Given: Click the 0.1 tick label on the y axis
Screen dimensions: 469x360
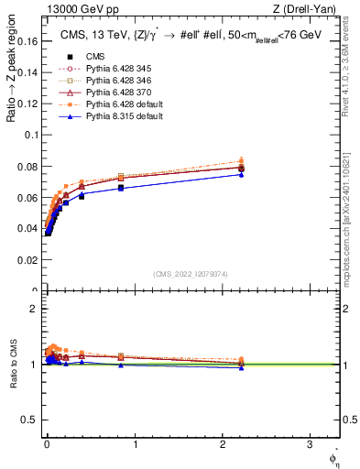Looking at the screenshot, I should [x=32, y=135].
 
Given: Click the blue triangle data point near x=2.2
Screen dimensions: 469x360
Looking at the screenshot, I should [x=241, y=174].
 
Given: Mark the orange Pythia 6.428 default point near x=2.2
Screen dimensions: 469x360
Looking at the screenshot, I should [x=241, y=160].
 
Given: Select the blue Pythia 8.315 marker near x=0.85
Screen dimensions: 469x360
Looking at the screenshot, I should [x=121, y=188].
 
